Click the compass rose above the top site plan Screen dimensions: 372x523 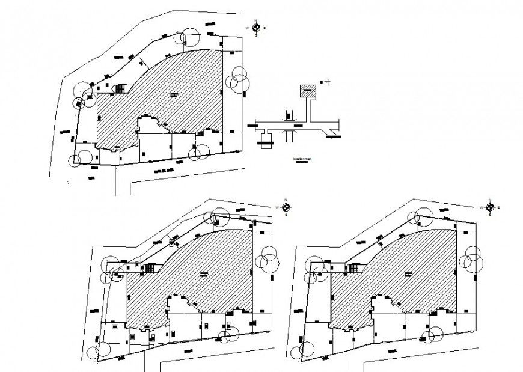tap(257, 28)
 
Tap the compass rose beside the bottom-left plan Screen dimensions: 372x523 tap(287, 207)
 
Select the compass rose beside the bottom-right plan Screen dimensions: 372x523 tap(489, 207)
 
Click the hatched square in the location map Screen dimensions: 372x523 tap(308, 91)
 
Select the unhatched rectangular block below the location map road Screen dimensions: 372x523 tap(265, 143)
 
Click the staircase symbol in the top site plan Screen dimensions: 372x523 tap(121, 89)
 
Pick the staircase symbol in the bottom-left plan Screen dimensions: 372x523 tap(150, 268)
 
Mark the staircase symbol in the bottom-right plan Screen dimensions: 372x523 tap(355, 268)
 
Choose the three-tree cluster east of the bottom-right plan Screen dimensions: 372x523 tap(473, 260)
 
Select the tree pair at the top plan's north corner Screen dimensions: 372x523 tap(187, 37)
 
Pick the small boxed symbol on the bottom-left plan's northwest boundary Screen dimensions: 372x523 tap(172, 242)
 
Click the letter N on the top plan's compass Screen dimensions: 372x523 tap(257, 20)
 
